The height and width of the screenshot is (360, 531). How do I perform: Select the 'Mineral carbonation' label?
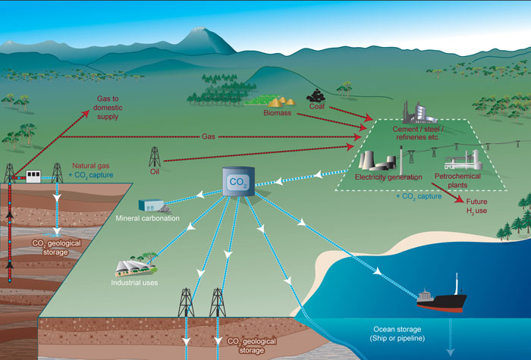pyautogui.click(x=148, y=218)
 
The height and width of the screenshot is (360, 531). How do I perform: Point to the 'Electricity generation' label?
pyautogui.click(x=388, y=177)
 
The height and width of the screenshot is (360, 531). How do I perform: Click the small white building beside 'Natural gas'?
pyautogui.click(x=33, y=176)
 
